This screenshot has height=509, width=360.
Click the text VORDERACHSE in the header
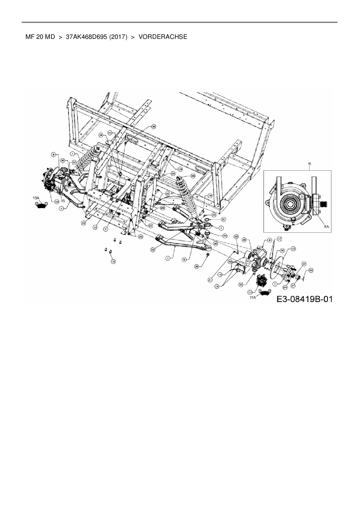click(x=163, y=37)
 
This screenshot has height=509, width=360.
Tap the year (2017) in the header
click(x=118, y=37)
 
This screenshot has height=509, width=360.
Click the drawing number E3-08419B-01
click(x=304, y=299)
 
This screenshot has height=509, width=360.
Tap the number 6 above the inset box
click(x=309, y=164)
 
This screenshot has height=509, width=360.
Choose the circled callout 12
click(x=294, y=249)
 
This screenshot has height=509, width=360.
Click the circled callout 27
click(x=293, y=286)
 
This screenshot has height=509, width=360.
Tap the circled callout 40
click(x=110, y=133)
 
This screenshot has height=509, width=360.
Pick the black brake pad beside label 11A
click(x=264, y=293)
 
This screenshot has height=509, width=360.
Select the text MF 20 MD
click(x=40, y=37)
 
